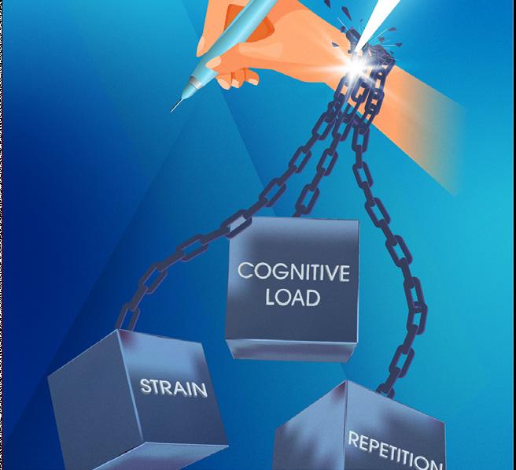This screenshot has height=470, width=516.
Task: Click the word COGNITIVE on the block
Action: coord(293,273)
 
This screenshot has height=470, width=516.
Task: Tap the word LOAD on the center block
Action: coord(292,298)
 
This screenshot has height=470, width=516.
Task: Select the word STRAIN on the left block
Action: coord(174,387)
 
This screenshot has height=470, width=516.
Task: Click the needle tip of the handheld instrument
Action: coord(172,109)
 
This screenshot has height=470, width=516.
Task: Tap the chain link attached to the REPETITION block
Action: coord(385,385)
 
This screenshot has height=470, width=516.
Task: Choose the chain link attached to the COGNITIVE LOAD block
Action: coord(300,209)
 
